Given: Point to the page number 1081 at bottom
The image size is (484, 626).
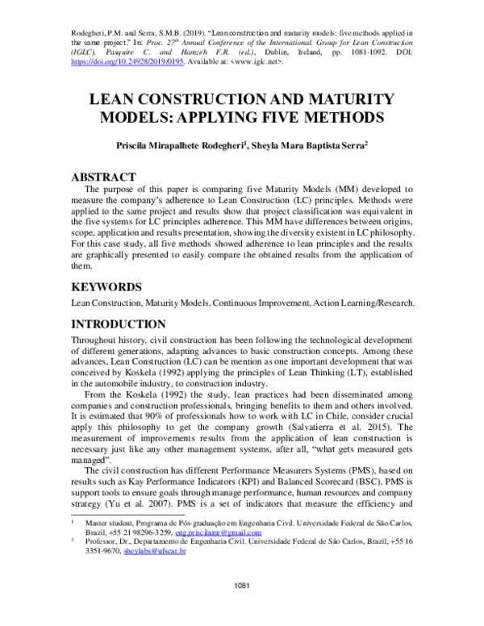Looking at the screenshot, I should pos(242,605).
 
